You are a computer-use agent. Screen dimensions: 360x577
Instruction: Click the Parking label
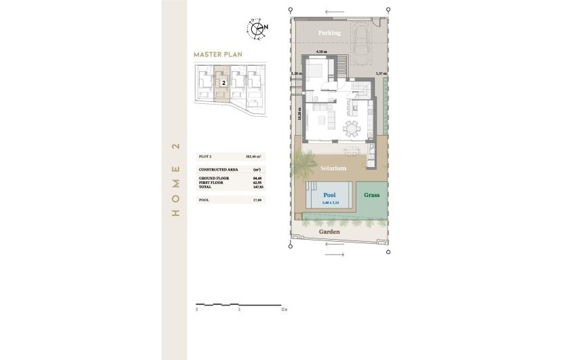pos(329,33)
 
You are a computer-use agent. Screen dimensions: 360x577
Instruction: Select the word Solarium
pos(333,168)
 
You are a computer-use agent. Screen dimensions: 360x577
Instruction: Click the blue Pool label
pos(329,195)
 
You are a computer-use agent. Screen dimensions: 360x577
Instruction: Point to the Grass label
pos(371,195)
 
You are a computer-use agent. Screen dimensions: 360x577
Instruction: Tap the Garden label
pos(329,232)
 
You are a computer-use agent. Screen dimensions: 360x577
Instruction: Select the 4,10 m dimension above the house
pos(322,52)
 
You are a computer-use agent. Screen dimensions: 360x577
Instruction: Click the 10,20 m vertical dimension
pos(299,113)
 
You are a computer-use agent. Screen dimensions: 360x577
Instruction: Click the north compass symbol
pos(258,29)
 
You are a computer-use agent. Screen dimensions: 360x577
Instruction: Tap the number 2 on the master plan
pos(223,82)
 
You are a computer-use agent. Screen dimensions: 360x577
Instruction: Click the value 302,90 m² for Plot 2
pos(255,156)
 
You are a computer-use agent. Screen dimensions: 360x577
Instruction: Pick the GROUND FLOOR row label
pos(214,178)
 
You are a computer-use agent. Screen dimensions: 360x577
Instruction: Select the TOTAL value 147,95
pos(257,186)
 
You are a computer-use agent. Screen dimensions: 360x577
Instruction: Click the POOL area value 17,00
pos(257,200)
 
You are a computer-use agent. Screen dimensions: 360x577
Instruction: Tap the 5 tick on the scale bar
pos(240,309)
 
